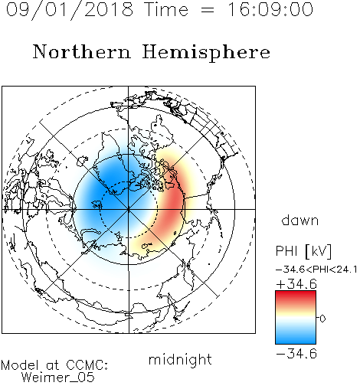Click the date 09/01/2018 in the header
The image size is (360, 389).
pos(70,10)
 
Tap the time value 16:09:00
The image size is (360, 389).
pos(270,10)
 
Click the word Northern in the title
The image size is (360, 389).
pos(82,51)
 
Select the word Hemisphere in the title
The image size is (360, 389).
pos(206,53)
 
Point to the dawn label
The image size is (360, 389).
pos(300,220)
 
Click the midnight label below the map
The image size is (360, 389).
pos(180,360)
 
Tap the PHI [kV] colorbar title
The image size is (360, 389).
pos(304,251)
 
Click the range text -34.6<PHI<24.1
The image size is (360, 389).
pos(316,270)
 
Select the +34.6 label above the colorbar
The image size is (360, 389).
pos(296,284)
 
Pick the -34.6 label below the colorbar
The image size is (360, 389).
pos(296,354)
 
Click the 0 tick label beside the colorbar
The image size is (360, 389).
pos(322,319)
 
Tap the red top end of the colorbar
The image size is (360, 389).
pos(296,293)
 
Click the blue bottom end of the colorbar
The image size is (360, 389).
pos(296,341)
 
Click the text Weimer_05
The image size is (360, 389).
pos(58,377)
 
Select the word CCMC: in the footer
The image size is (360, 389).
pos(87,365)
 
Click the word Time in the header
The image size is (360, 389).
pos(166,10)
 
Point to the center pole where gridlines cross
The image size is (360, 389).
pos(129,209)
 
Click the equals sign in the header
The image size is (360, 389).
pos(208,11)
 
